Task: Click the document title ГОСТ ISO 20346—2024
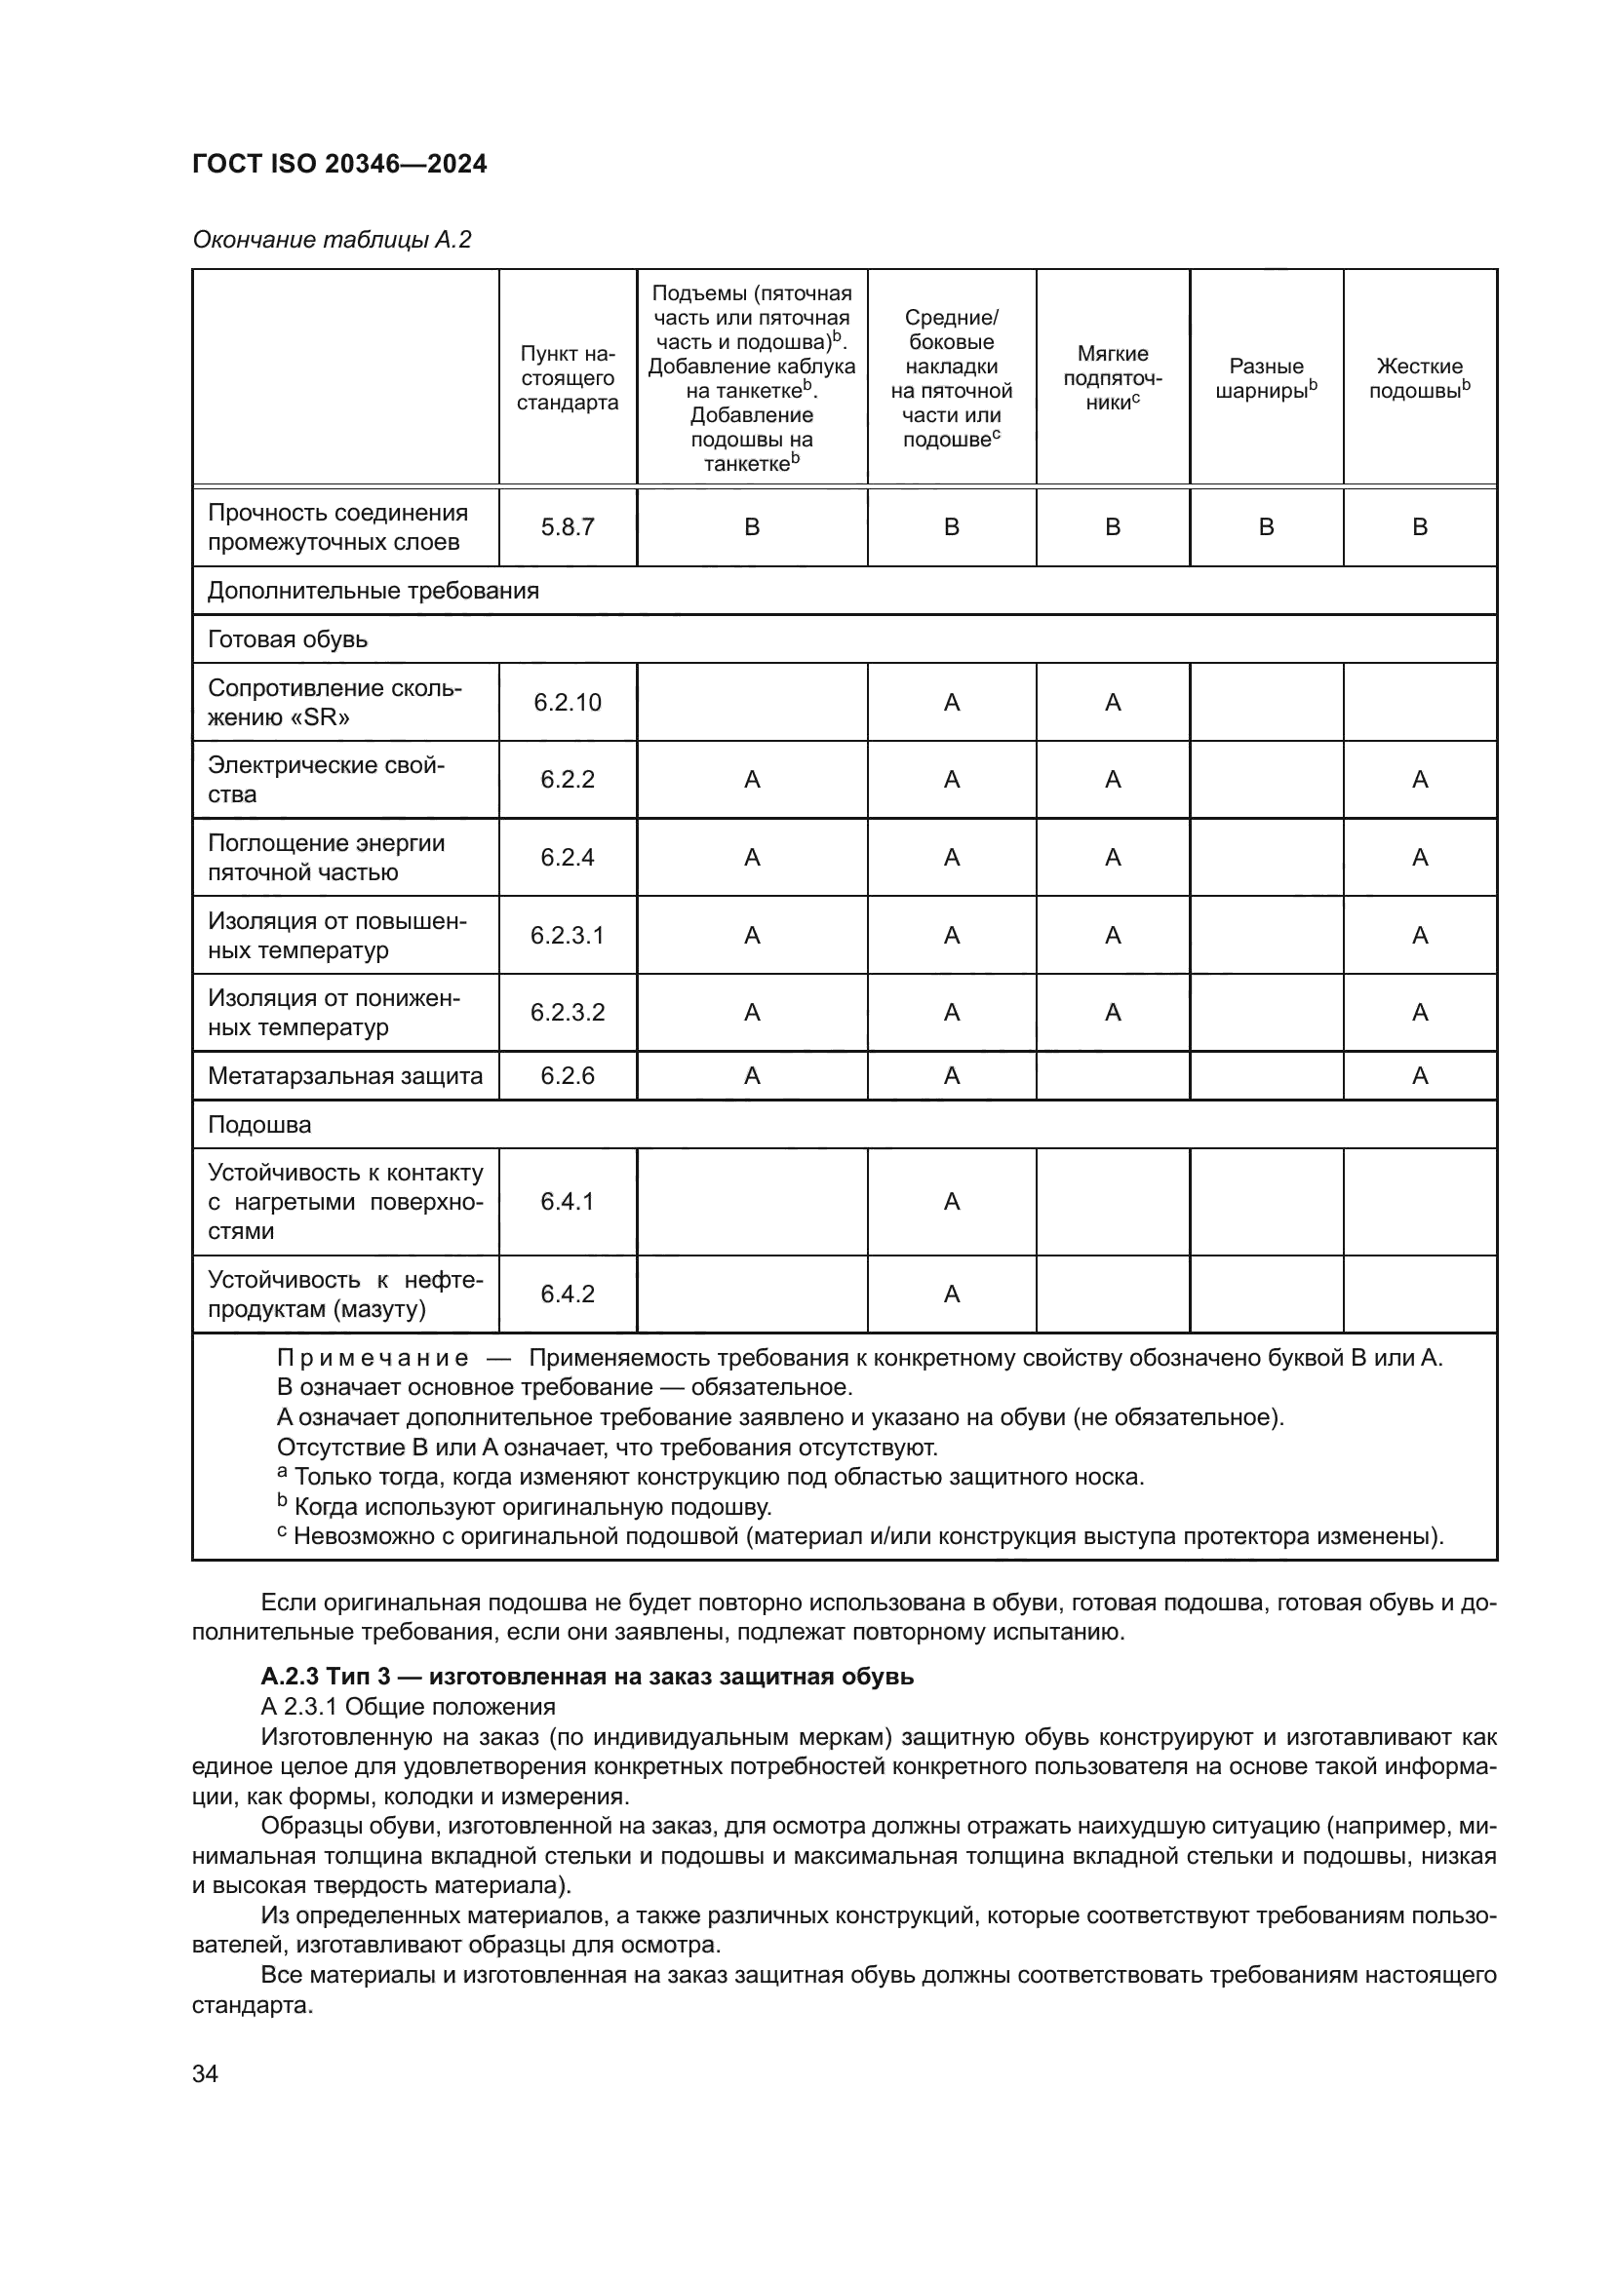[x=338, y=164]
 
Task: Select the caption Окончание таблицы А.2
[x=332, y=240]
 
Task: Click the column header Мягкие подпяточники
[x=1113, y=377]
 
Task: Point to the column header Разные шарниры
[x=1266, y=377]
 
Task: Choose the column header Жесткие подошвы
[x=1419, y=377]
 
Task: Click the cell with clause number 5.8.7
[x=568, y=527]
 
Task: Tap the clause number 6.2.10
[x=568, y=702]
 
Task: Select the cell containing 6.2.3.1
[x=568, y=935]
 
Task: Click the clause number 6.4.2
[x=568, y=1293]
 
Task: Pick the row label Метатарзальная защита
[x=344, y=1075]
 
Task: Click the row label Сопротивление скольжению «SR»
[x=334, y=702]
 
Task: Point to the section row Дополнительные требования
[x=373, y=591]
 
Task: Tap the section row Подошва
[x=259, y=1124]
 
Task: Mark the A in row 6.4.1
[x=952, y=1202]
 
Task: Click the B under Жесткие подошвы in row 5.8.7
[x=1419, y=527]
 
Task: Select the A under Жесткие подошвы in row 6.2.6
[x=1419, y=1075]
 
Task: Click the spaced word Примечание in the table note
[x=373, y=1358]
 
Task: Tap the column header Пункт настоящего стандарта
[x=568, y=377]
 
